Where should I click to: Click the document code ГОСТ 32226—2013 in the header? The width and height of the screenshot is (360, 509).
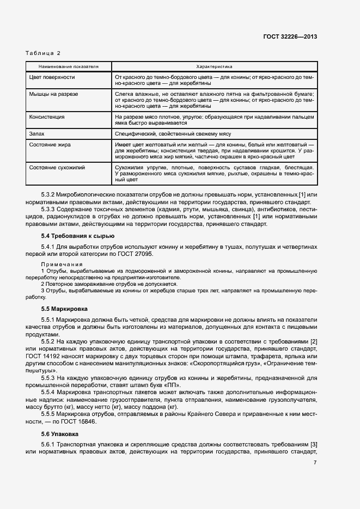[290, 37]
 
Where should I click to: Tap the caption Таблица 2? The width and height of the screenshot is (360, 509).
[43, 53]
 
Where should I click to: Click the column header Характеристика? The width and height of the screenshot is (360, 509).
[215, 66]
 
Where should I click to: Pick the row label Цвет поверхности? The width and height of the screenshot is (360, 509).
[52, 77]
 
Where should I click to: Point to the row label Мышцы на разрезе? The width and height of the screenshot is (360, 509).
[53, 94]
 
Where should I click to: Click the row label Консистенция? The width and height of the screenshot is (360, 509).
[47, 116]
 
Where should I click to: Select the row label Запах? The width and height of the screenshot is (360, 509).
[36, 133]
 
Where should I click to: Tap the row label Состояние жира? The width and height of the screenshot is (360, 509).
[50, 144]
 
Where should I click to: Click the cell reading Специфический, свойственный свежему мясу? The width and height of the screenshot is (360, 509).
[174, 133]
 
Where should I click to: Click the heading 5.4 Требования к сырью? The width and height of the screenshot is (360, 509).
[77, 236]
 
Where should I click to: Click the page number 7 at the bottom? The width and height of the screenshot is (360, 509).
[315, 463]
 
